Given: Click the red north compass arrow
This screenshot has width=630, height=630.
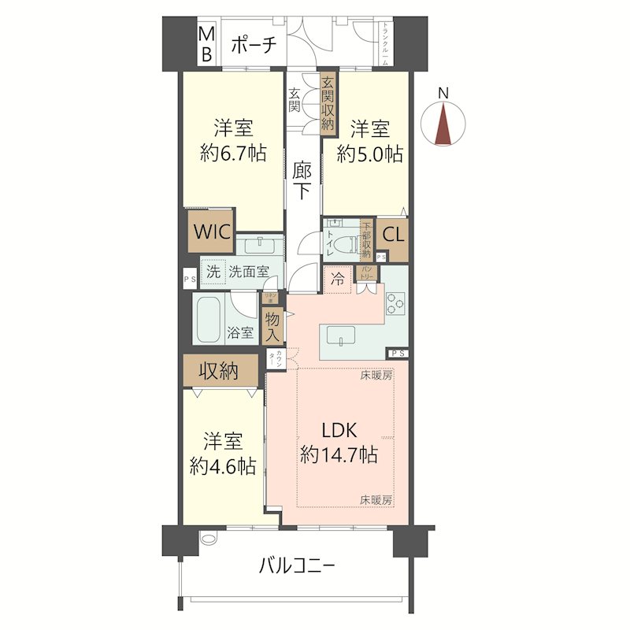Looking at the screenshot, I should click(x=444, y=125).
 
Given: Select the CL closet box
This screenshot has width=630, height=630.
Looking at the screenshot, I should click(x=394, y=234).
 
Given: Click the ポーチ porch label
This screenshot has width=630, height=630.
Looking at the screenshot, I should click(x=254, y=46).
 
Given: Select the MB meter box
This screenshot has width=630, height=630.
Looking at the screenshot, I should click(x=206, y=44).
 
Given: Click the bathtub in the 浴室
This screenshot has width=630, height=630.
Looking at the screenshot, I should click(x=211, y=321).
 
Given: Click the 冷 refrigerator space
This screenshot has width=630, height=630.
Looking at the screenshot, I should click(x=337, y=278).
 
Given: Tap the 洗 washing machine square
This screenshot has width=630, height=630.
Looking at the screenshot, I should click(x=213, y=272).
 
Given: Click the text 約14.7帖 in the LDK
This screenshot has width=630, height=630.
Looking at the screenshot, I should click(x=338, y=454).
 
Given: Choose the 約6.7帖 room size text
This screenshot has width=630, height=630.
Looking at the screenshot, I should click(x=232, y=154).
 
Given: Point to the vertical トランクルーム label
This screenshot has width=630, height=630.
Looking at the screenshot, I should click(x=385, y=43).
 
